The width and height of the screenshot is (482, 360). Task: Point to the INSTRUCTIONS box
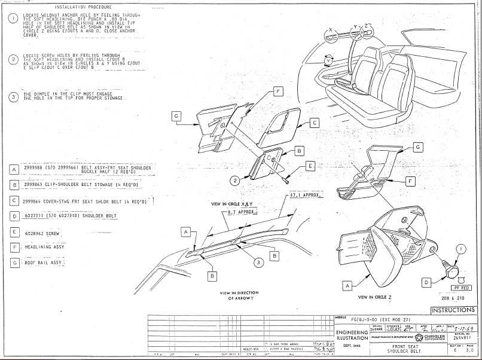point(453,310)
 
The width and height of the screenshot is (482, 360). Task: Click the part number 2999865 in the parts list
point(36,185)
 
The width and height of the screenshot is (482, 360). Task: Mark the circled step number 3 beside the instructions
point(13,97)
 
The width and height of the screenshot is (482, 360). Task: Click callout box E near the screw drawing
point(310,165)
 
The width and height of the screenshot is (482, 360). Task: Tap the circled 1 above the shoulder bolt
point(460,248)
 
